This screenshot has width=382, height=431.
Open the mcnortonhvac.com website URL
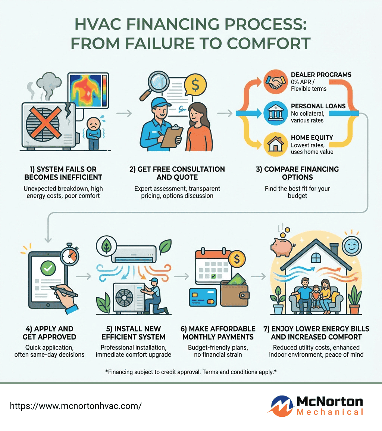(x=75, y=406)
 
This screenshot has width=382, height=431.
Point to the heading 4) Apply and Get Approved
(x=45, y=333)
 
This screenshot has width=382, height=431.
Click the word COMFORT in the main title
(x=268, y=43)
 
